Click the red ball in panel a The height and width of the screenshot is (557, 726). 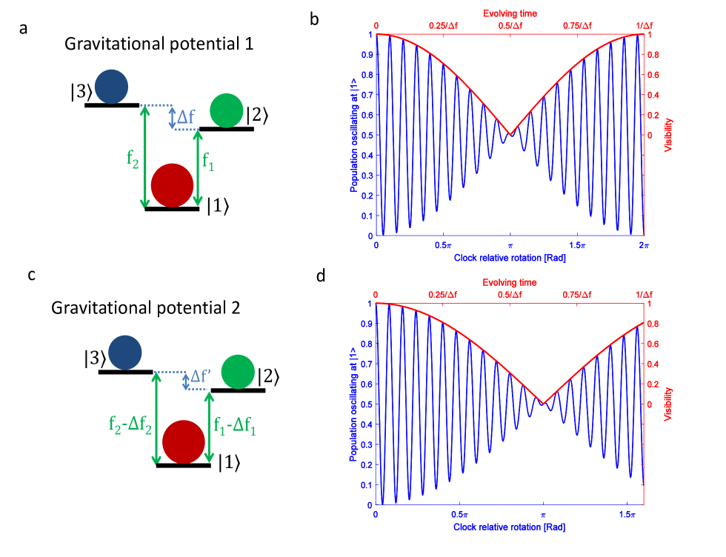173,185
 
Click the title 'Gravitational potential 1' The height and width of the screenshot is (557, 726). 159,44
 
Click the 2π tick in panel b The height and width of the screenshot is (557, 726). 643,245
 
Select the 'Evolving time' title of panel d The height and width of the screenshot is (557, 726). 510,282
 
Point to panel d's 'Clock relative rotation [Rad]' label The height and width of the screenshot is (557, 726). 510,526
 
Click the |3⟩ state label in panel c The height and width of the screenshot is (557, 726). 96,358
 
